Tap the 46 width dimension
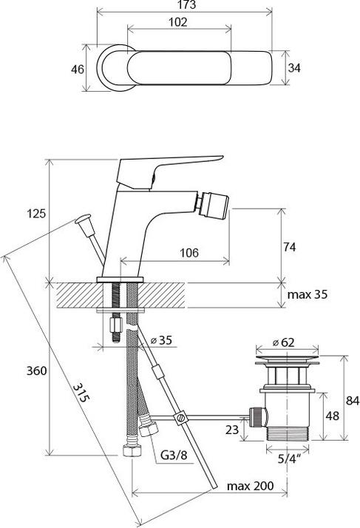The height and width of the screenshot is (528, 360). coord(76,69)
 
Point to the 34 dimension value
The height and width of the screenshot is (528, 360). coord(294,68)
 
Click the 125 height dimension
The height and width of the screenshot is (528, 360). coord(35,214)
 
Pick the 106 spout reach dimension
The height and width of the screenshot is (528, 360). coord(189,253)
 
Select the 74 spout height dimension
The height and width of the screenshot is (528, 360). coord(289,248)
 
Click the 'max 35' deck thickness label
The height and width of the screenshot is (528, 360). coord(308,294)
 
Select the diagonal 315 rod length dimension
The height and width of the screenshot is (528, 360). coord(82,396)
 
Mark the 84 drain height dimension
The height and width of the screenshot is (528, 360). coord(351,402)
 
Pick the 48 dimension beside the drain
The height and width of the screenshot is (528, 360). coord(333,416)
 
